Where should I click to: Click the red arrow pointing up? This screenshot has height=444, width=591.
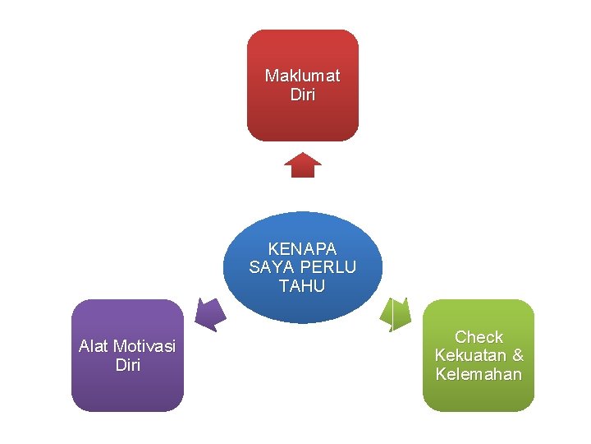coord(303,165)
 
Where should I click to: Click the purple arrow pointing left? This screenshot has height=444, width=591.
coord(211,313)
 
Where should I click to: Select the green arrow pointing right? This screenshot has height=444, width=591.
coord(396,313)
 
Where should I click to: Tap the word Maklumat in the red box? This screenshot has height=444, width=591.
coord(302,76)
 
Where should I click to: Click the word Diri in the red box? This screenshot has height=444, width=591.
coord(302,95)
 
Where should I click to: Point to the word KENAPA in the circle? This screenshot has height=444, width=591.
coord(302,249)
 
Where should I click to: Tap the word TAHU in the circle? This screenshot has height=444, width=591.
coord(302,287)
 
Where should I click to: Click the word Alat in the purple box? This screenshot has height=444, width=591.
coord(94,346)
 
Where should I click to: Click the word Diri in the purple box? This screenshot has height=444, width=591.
coord(128,365)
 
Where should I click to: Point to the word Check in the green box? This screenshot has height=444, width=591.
coord(479,337)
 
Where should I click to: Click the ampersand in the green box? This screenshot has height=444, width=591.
coord(517,356)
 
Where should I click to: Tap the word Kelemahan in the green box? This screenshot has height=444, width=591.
coord(479,375)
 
